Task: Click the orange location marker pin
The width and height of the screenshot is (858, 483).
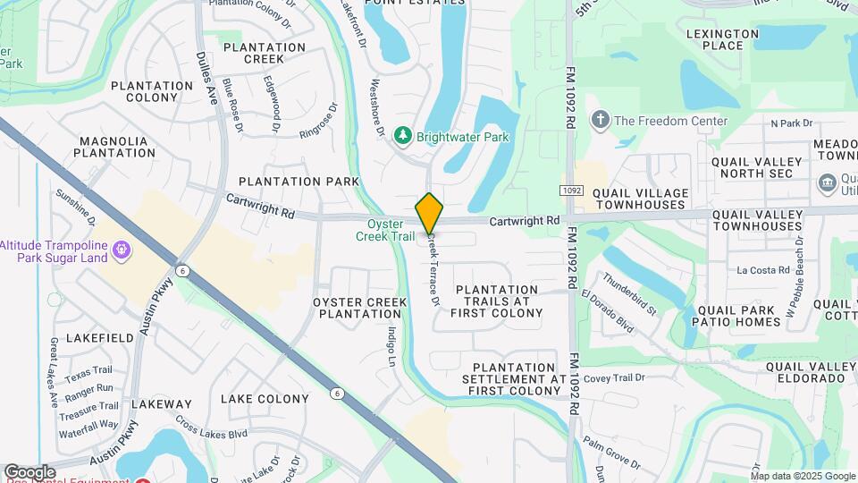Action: pyautogui.click(x=429, y=215)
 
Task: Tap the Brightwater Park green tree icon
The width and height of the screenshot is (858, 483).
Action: pyautogui.click(x=403, y=136)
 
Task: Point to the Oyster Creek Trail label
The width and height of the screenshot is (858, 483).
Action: pyautogui.click(x=391, y=231)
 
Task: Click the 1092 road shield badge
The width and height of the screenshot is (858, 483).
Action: pyautogui.click(x=572, y=191)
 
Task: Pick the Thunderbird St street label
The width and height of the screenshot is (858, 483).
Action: pyautogui.click(x=629, y=294)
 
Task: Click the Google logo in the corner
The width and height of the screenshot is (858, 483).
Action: pyautogui.click(x=29, y=471)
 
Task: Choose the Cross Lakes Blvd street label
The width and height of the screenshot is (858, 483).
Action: pyautogui.click(x=211, y=428)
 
